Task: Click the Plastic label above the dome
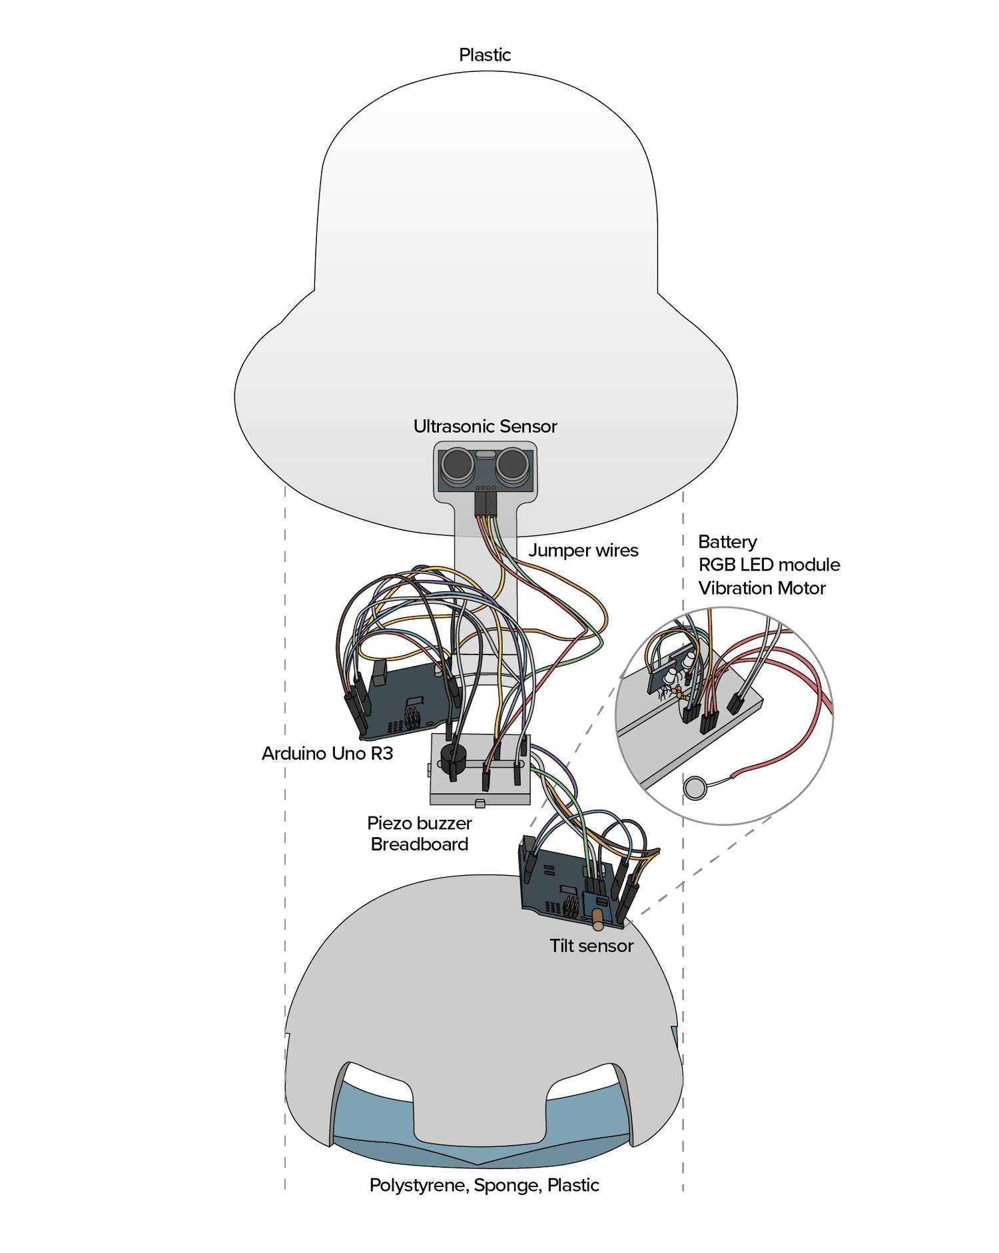click(485, 55)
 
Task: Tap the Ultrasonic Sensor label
click(485, 427)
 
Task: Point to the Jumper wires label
click(583, 551)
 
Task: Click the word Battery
click(727, 542)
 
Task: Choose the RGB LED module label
click(769, 565)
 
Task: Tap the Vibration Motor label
click(761, 589)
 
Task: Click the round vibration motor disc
click(695, 788)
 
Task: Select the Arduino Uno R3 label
click(327, 754)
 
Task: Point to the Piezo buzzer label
click(420, 824)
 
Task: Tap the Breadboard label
click(420, 844)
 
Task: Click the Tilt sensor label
click(591, 946)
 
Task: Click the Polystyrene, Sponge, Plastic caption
click(484, 1185)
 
